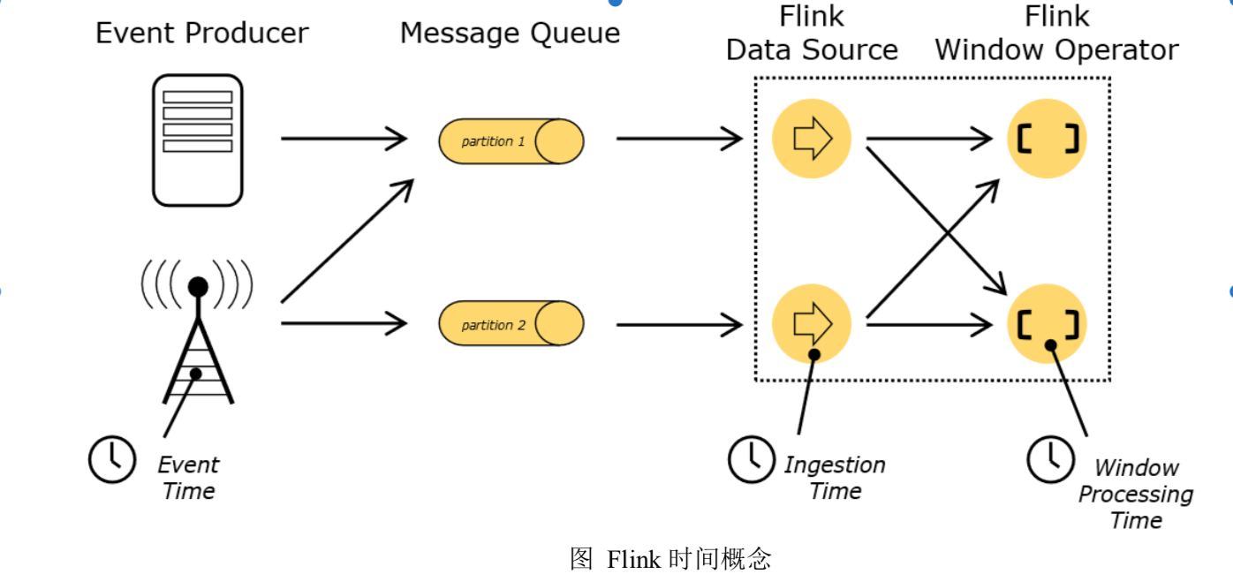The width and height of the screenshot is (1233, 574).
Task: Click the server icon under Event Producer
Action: tap(197, 140)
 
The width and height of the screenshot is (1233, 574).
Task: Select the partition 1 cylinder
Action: tap(511, 141)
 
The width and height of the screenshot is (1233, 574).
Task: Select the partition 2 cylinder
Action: tap(511, 324)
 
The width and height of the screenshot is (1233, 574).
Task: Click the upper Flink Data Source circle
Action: tap(811, 139)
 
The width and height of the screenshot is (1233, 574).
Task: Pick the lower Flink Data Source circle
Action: tap(811, 324)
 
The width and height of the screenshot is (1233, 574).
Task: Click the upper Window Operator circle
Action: tap(1047, 139)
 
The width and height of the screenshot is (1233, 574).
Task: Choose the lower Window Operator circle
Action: tap(1047, 324)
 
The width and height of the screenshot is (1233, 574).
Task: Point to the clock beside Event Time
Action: tap(112, 459)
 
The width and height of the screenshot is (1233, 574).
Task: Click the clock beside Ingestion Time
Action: tap(751, 459)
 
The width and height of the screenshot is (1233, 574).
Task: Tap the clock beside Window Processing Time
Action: tap(1050, 459)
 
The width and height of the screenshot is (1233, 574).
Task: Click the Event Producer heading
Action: tap(202, 34)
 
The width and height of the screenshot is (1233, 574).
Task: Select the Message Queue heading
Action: tap(510, 34)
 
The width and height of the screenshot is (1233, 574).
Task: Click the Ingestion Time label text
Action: tap(835, 478)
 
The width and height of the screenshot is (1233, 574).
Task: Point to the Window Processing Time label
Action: tap(1136, 494)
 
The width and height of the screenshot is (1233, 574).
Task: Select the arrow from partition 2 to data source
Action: tap(678, 325)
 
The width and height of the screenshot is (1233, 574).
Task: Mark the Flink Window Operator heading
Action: tap(1056, 34)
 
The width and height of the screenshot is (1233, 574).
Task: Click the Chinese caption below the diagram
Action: tap(670, 558)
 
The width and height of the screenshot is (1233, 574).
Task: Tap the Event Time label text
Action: tap(188, 478)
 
